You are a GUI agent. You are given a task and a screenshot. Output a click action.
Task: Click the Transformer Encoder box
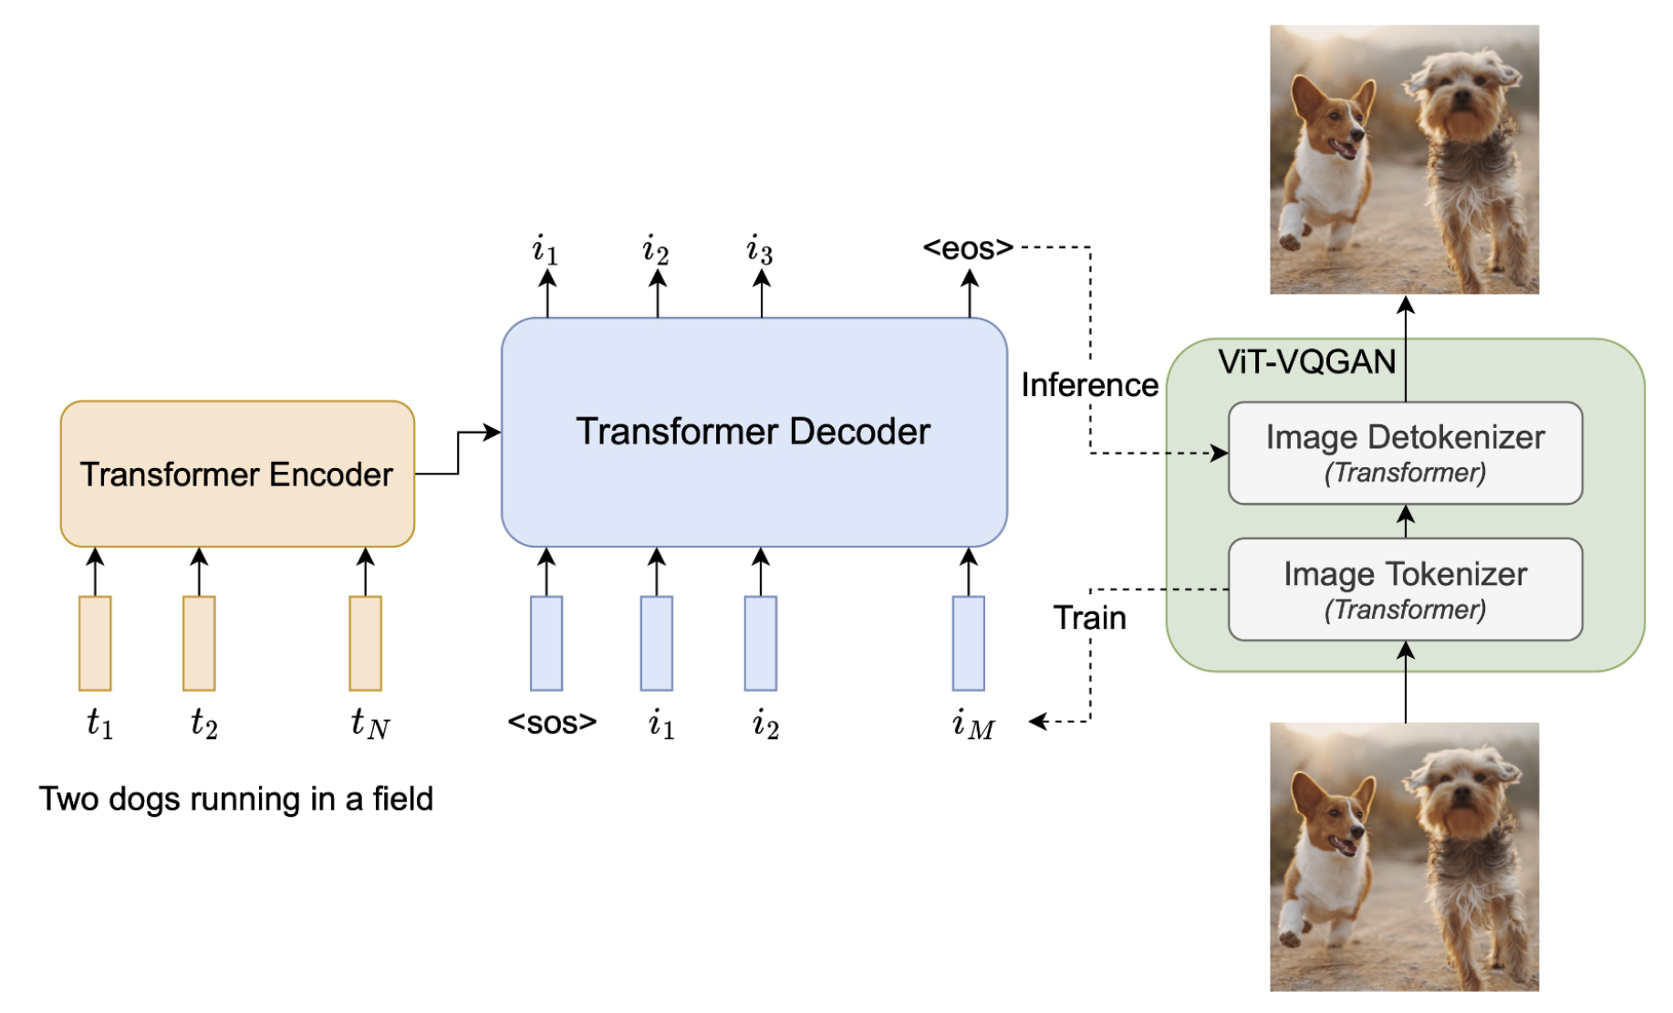237,474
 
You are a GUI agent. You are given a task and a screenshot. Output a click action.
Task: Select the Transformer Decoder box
754,432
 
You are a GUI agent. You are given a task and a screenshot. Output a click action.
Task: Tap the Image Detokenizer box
1405,453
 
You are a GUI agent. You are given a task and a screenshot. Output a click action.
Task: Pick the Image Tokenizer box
1405,590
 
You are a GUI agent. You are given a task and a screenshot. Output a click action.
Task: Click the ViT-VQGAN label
1306,362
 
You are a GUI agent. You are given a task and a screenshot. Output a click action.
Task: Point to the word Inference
1089,385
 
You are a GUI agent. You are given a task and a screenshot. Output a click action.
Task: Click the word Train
1089,618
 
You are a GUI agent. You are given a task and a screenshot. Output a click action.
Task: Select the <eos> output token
968,247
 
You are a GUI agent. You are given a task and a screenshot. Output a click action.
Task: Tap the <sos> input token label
552,722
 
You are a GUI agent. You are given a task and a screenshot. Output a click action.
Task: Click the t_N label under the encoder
370,724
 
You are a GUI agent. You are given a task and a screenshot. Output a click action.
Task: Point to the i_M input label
973,724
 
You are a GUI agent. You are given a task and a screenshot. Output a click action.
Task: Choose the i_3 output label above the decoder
759,249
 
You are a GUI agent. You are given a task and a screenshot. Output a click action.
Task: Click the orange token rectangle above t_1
95,643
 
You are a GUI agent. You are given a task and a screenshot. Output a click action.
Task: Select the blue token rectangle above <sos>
546,643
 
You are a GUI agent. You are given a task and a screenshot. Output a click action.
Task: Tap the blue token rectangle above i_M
969,643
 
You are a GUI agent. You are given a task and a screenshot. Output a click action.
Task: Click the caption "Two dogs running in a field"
235,799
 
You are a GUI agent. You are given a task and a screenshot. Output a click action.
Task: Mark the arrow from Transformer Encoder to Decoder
458,453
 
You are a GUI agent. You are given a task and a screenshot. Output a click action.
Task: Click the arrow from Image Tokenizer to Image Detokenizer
1406,521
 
